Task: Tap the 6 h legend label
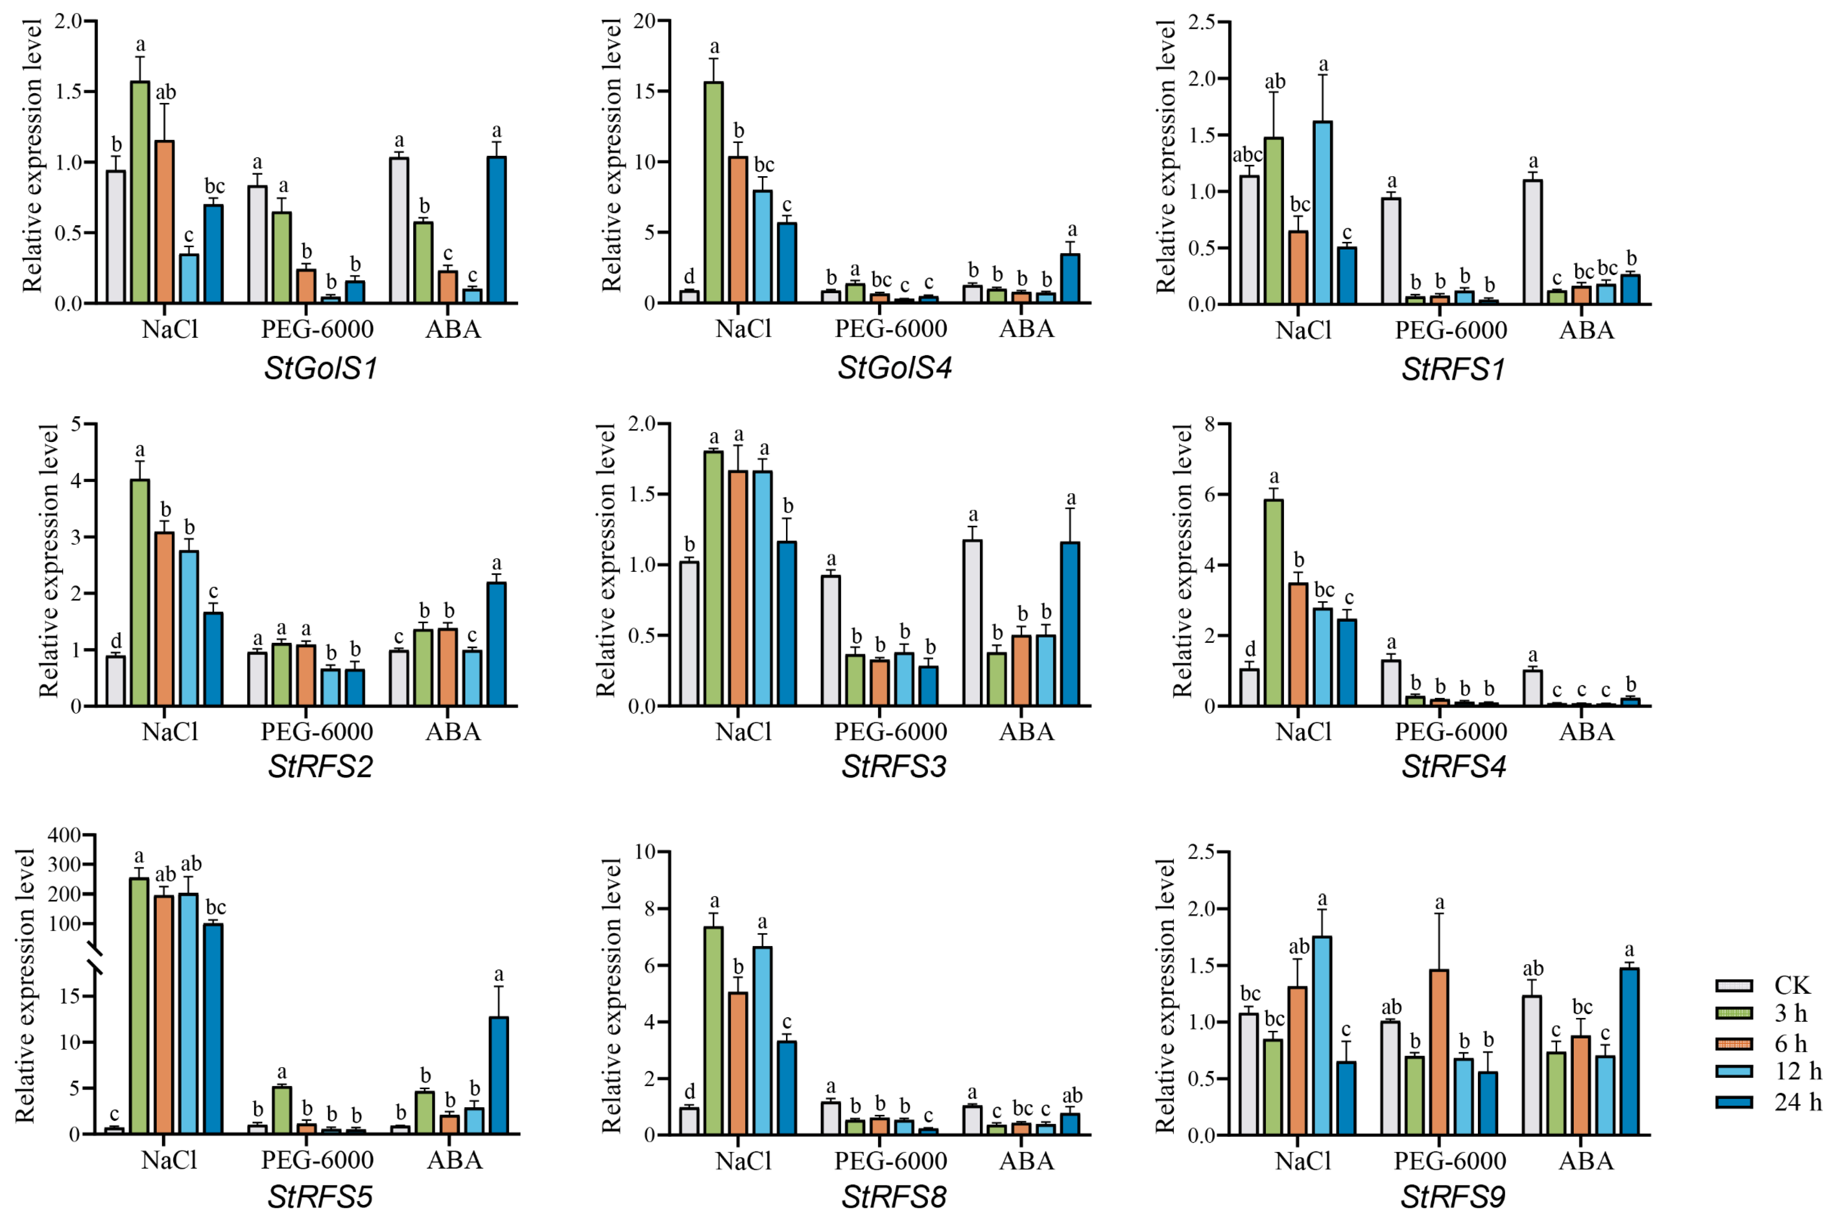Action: click(1790, 1043)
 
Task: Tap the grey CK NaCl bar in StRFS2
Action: click(116, 681)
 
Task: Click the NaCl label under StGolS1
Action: click(170, 330)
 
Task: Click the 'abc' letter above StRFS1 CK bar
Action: click(1248, 155)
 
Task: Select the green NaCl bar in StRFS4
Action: click(1273, 603)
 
